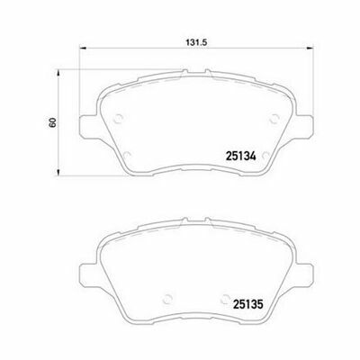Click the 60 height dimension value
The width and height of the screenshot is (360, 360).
pos(52,122)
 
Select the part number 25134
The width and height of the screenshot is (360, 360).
pos(241,157)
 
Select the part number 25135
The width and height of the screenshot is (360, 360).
pos(248,305)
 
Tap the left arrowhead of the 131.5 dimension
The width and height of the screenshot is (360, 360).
pos(83,48)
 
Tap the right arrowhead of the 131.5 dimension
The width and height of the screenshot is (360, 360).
pos(309,48)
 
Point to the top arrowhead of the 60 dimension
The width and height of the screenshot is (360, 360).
pos(58,73)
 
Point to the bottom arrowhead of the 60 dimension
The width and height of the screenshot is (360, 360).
pos(58,172)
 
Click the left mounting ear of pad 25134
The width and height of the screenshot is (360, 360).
pos(89,127)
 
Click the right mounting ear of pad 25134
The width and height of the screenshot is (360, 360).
pos(303,127)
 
